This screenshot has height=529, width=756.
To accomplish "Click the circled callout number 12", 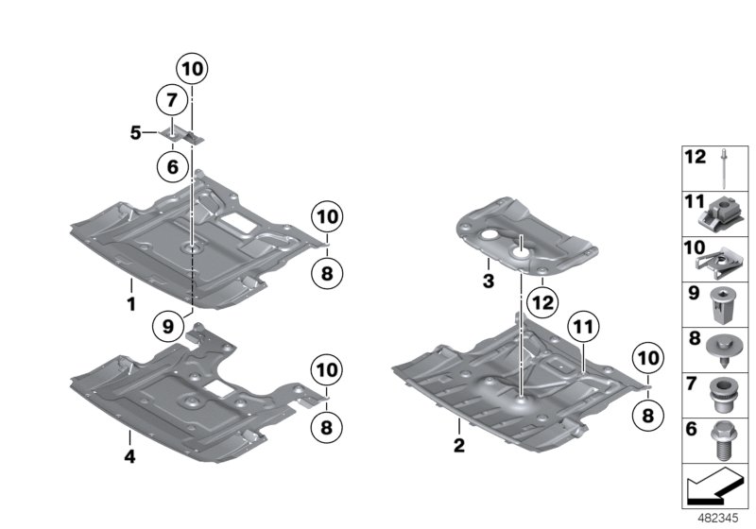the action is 541,302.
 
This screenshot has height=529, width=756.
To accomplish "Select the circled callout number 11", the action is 583,328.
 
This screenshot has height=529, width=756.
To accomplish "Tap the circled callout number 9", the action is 168,327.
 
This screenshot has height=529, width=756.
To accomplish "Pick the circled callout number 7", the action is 172,100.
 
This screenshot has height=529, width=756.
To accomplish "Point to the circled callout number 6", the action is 172,166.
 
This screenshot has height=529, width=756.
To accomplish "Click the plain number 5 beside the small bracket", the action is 136,132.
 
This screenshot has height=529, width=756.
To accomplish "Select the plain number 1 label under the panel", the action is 130,304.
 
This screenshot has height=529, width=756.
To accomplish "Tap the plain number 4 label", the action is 129,455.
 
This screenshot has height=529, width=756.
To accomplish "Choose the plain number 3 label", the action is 489,281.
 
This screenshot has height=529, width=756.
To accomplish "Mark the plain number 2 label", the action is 459,445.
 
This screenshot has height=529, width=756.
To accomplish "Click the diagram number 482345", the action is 718,519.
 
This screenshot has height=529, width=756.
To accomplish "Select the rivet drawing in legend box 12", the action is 724,169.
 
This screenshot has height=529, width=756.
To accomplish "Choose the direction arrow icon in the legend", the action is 714,486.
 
